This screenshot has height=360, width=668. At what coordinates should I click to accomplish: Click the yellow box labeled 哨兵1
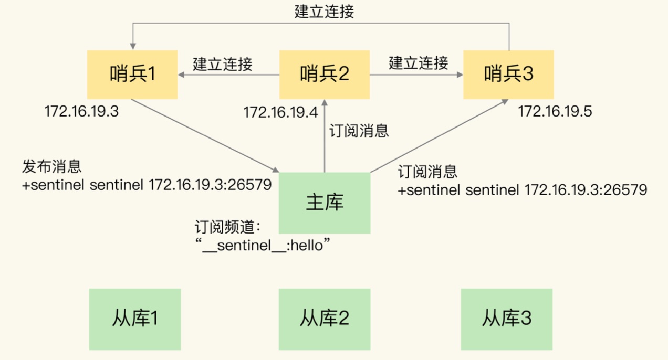132,75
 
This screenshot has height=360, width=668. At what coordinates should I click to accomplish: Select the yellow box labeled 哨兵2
325,75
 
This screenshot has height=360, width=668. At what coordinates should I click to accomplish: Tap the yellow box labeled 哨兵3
508,75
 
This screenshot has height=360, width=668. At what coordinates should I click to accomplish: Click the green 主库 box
325,203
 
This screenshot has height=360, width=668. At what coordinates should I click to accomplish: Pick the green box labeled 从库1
135,319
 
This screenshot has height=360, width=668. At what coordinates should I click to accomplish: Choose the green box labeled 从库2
325,319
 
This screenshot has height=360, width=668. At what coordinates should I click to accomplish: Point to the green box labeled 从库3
507,319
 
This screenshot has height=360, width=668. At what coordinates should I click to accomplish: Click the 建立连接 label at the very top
324,12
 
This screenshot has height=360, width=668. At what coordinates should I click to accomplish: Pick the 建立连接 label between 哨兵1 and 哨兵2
223,64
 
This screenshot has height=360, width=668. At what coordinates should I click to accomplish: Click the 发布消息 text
51,167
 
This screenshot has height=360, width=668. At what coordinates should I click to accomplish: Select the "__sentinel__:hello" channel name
266,245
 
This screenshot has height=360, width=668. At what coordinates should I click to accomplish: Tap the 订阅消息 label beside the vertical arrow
359,131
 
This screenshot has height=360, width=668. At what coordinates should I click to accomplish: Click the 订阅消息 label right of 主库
427,171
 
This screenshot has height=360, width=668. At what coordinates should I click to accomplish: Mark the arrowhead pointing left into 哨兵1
182,75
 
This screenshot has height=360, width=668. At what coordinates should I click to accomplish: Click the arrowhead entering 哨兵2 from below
325,103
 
